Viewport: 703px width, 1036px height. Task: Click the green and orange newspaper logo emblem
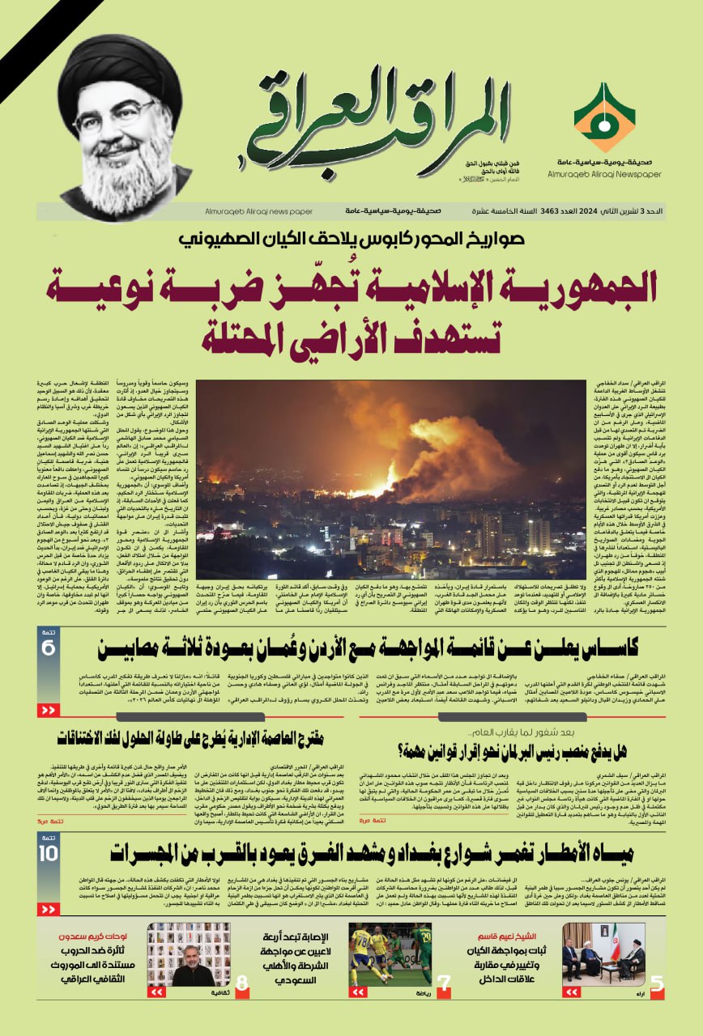604,117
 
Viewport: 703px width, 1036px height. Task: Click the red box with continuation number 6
48,647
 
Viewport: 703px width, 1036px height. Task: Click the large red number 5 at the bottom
657,984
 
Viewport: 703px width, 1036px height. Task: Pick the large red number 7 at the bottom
444,984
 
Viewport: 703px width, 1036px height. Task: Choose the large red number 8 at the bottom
241,984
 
